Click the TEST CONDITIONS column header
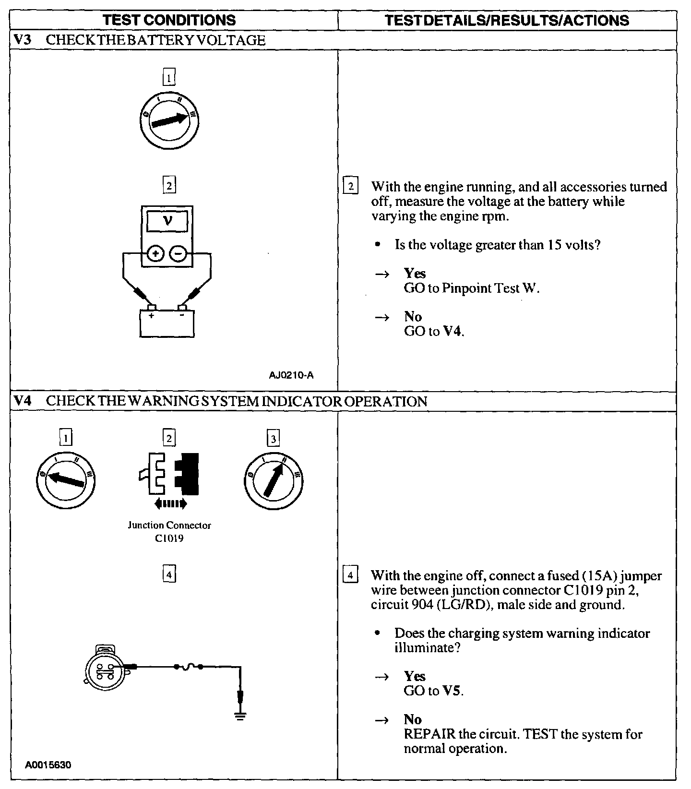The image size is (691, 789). point(169,20)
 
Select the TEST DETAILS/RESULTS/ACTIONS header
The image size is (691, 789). point(507,20)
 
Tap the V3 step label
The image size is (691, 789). point(23,40)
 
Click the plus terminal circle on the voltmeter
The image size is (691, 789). point(155,253)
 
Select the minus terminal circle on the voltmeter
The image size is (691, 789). point(178,253)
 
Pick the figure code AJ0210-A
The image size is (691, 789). point(291,375)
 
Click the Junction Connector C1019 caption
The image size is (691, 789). point(169,532)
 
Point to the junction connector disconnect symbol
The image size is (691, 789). point(169,473)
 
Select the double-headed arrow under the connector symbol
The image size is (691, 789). point(170,503)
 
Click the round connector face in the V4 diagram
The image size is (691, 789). point(105,669)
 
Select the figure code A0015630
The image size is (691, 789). point(48,765)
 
